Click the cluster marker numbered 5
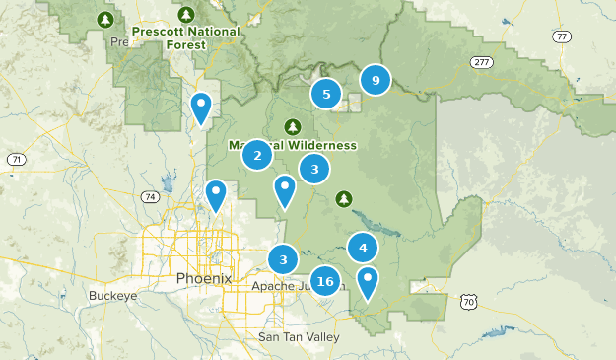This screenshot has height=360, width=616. tap(326, 95)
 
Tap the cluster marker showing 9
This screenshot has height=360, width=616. tap(376, 80)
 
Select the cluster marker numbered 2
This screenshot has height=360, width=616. tap(257, 155)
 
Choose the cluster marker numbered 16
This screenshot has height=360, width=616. tap(326, 282)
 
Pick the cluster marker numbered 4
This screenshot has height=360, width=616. tap(363, 249)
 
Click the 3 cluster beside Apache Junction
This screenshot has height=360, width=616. tap(284, 260)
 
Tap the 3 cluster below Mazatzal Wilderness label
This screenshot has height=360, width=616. tap(314, 170)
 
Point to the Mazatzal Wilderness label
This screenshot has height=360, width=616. tap(293, 145)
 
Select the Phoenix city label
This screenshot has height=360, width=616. tap(203, 278)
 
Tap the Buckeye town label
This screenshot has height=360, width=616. tap(111, 295)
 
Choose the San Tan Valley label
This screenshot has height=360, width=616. tap(298, 337)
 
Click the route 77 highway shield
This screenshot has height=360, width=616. tap(561, 37)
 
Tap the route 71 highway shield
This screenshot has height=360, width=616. tap(15, 159)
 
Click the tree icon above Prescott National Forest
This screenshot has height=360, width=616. tap(187, 15)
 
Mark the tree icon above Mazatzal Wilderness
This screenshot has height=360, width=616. tap(292, 127)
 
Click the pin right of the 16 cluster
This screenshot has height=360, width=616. tap(368, 280)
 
